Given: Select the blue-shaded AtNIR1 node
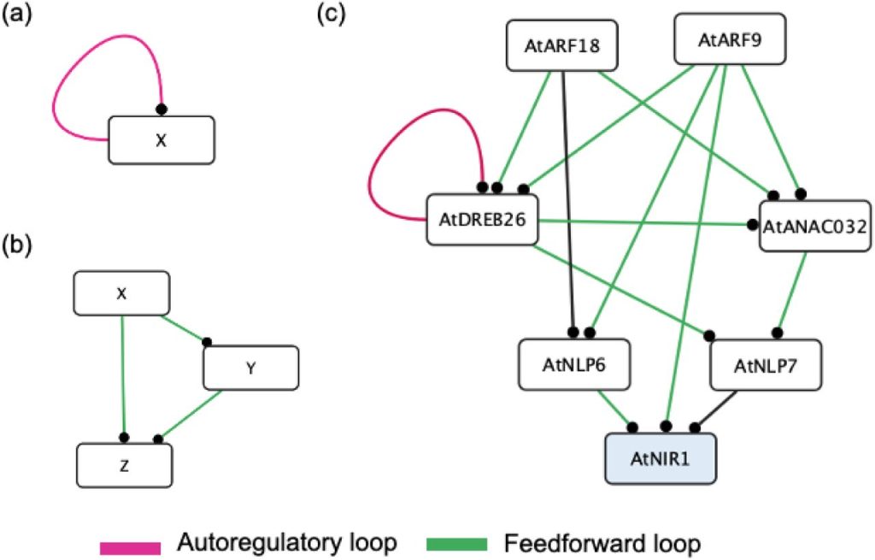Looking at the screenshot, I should click(x=661, y=459).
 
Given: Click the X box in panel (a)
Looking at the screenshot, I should click(x=161, y=139).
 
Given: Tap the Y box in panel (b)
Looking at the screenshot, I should click(x=250, y=367).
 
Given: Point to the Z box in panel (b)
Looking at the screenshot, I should click(x=125, y=467).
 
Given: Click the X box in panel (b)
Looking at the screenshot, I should click(x=121, y=294).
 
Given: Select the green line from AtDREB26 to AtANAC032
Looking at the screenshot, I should click(x=649, y=224).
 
